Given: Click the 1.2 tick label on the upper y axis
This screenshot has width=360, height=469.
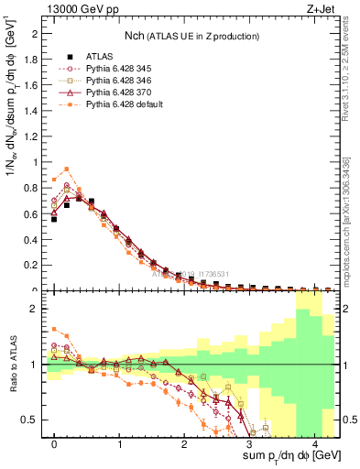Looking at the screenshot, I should (x=30, y=136).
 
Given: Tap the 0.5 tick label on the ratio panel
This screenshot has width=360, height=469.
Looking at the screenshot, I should (x=30, y=420).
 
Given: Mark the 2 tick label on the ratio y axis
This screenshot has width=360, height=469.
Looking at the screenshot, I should (x=35, y=309).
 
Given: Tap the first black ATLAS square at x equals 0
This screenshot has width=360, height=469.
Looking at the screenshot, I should (x=54, y=219).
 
